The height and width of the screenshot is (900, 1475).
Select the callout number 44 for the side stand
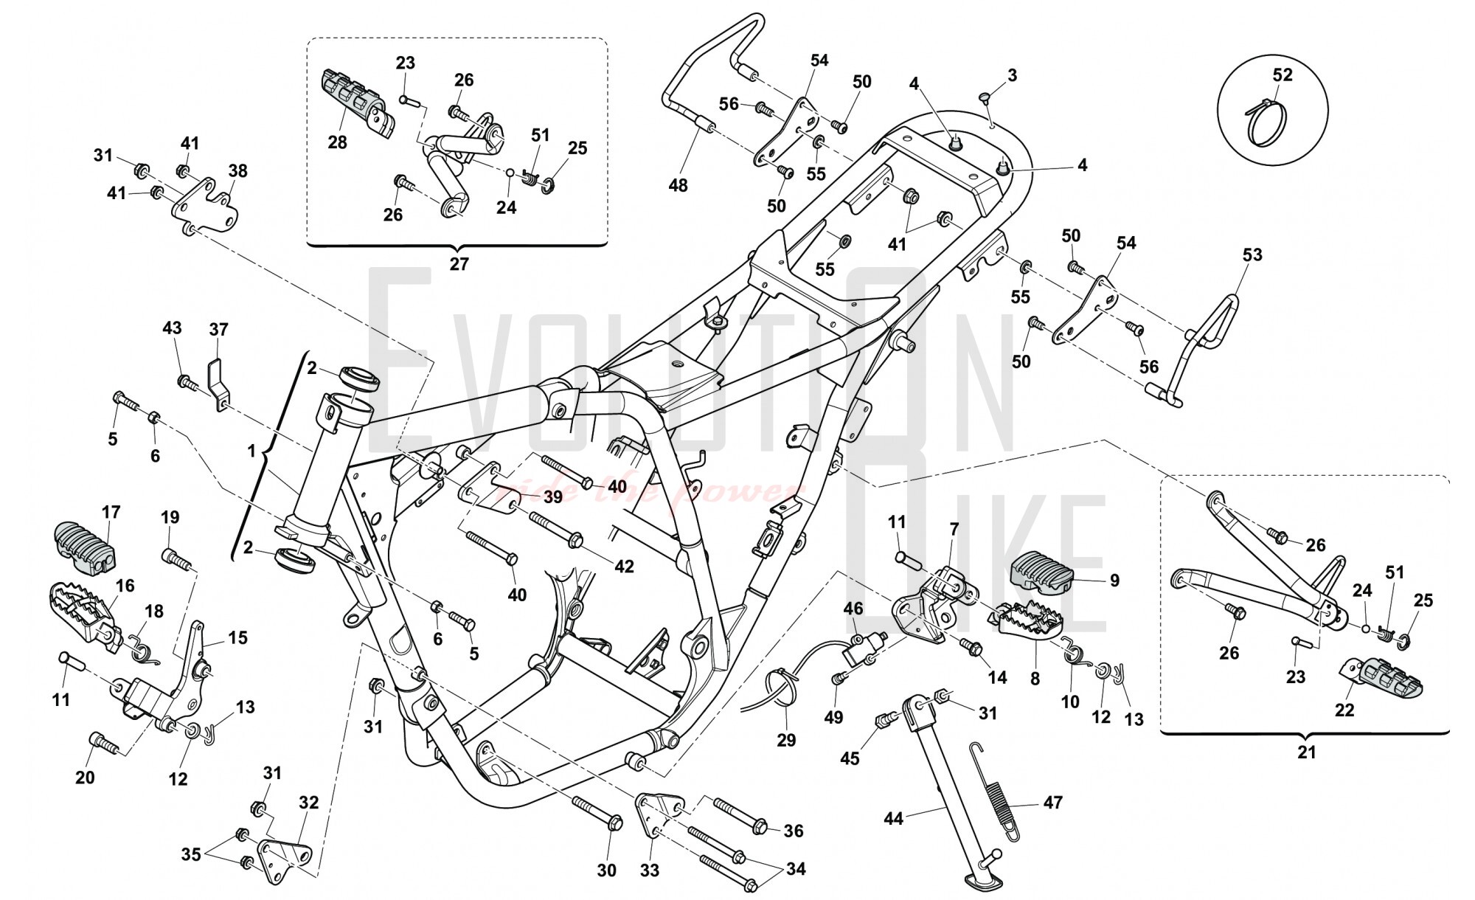click(x=894, y=818)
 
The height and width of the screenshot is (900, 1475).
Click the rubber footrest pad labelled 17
click(x=86, y=548)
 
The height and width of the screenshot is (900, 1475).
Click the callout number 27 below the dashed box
click(x=459, y=264)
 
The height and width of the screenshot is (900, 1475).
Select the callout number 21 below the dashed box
click(x=1306, y=752)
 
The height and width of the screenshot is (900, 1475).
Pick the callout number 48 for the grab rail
click(x=678, y=185)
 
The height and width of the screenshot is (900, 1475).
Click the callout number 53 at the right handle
click(x=1252, y=255)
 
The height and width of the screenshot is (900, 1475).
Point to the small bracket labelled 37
click(x=216, y=382)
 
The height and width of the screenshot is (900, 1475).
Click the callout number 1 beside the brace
click(x=251, y=449)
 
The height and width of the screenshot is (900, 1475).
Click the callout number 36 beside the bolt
click(x=794, y=831)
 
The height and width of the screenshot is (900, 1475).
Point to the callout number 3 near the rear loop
click(x=1012, y=75)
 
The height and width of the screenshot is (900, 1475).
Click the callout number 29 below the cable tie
click(x=786, y=740)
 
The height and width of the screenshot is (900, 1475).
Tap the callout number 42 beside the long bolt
click(x=624, y=567)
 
